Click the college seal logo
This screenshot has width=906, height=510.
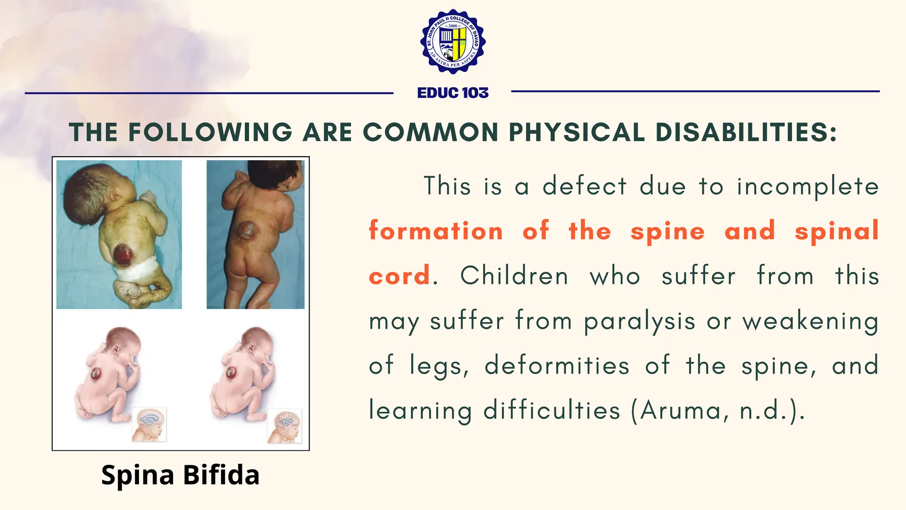tap(453, 42)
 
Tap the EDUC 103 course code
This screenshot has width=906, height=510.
tap(453, 93)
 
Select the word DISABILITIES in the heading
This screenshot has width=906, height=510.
tap(746, 132)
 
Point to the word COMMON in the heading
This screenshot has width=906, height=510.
tap(430, 132)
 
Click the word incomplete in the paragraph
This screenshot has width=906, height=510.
tap(807, 186)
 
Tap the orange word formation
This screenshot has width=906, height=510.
tap(436, 231)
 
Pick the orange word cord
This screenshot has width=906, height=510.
tap(399, 276)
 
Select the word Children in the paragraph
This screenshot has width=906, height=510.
tap(514, 276)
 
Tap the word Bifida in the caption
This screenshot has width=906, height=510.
tap(221, 475)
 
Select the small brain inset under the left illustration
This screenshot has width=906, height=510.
tap(150, 424)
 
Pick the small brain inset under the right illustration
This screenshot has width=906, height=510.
tap(285, 425)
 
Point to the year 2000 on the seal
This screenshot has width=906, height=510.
tap(453, 26)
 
